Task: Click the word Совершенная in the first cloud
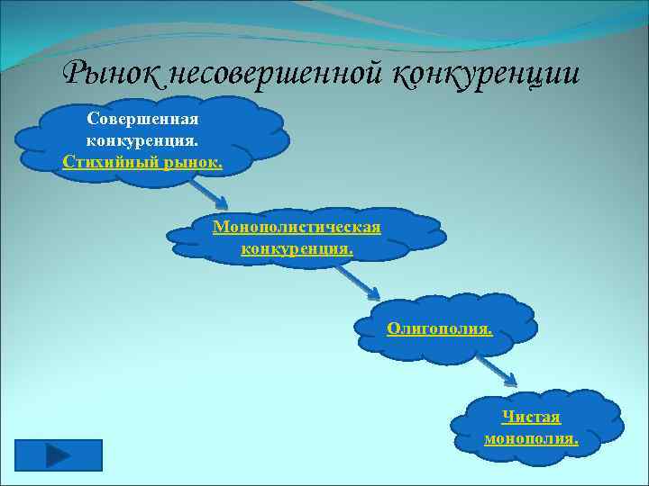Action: [x=142, y=119]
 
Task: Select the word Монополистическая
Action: [x=297, y=226]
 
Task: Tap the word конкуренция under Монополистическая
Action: [x=297, y=247]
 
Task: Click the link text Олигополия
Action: [x=439, y=328]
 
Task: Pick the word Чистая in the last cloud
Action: [x=531, y=417]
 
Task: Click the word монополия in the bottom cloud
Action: [x=530, y=438]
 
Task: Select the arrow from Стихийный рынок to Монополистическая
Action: [x=208, y=190]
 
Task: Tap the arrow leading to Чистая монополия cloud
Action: [x=495, y=369]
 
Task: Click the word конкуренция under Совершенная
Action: [x=142, y=140]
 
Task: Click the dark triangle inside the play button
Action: [x=59, y=454]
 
